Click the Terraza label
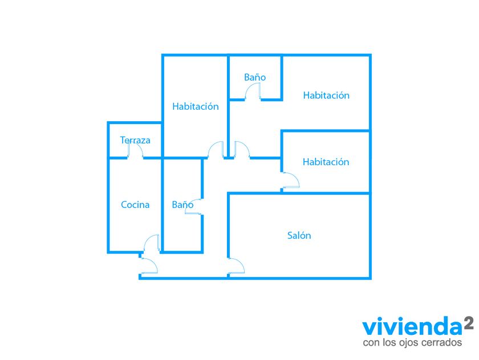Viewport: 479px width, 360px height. coord(135,140)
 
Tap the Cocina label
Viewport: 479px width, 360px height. coord(135,205)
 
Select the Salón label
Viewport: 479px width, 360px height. coord(299,235)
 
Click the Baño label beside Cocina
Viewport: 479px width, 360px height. coord(182,205)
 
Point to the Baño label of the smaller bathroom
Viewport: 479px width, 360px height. coord(255,77)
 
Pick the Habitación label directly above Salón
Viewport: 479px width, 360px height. coord(326,162)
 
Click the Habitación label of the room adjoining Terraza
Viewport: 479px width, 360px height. coord(196,106)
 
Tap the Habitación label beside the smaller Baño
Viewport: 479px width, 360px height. coord(326,95)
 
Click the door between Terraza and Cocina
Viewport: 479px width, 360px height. coord(135,151)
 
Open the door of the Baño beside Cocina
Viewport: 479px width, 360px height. coord(194,207)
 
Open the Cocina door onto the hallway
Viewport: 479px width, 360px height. coord(151,242)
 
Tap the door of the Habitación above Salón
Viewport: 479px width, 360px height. coord(291,181)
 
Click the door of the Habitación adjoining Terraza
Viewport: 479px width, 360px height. coord(216,150)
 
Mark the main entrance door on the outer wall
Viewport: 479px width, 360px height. coord(148,266)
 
